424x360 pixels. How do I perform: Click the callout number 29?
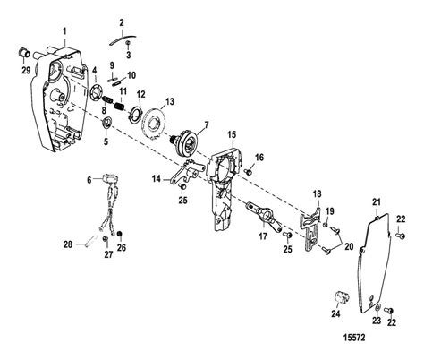tap(26, 70)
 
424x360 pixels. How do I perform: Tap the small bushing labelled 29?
tap(24, 53)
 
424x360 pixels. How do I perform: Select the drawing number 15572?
tap(354, 338)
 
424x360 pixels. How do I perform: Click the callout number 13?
tap(169, 102)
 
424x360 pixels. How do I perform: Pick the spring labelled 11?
tap(119, 106)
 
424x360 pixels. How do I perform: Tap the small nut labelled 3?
tap(128, 44)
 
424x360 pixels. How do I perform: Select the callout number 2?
tap(122, 22)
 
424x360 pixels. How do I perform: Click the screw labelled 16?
tap(248, 171)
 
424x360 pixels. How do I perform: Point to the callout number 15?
tap(232, 135)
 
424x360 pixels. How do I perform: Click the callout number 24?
tap(335, 313)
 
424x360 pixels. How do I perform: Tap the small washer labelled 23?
tap(377, 308)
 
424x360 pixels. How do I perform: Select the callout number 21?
tap(377, 202)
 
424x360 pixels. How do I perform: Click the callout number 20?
tap(349, 246)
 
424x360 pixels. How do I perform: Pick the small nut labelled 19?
tap(326, 224)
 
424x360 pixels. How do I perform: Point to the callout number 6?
tap(89, 180)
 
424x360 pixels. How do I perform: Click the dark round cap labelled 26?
tap(120, 234)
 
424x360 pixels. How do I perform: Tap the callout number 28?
tap(68, 244)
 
